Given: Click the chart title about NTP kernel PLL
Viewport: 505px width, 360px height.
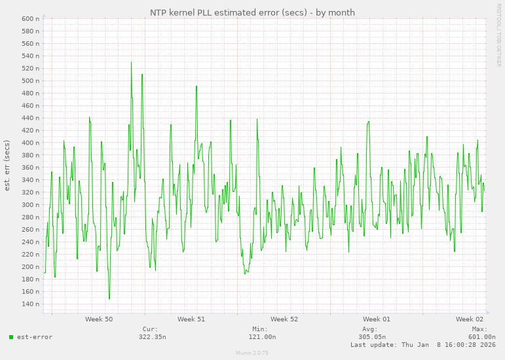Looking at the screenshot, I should (x=252, y=12).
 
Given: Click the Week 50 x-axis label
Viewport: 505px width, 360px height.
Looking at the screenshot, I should (x=99, y=319).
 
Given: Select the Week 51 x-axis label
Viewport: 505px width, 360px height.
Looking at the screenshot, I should (x=191, y=319).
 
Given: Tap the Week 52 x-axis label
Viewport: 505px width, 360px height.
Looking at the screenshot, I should (x=284, y=319).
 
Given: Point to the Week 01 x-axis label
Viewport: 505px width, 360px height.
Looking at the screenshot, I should (x=377, y=319).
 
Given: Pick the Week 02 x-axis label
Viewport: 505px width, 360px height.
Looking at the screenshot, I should (x=470, y=319).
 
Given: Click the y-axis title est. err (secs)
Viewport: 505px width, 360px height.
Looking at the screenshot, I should (x=7, y=165).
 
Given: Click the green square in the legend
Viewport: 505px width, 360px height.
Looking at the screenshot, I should (x=11, y=337).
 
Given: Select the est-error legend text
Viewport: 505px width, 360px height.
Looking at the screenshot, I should (x=35, y=337).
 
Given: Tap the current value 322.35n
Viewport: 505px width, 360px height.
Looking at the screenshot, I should (x=152, y=337).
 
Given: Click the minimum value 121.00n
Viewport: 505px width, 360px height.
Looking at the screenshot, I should (x=262, y=337).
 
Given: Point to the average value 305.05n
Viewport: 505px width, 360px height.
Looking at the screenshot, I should (x=371, y=337).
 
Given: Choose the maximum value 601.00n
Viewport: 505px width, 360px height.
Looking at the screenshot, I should (x=481, y=337).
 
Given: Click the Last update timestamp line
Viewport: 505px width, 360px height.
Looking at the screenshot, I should (x=422, y=344).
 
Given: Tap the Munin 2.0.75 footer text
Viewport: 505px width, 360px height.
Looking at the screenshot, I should (x=252, y=353).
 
